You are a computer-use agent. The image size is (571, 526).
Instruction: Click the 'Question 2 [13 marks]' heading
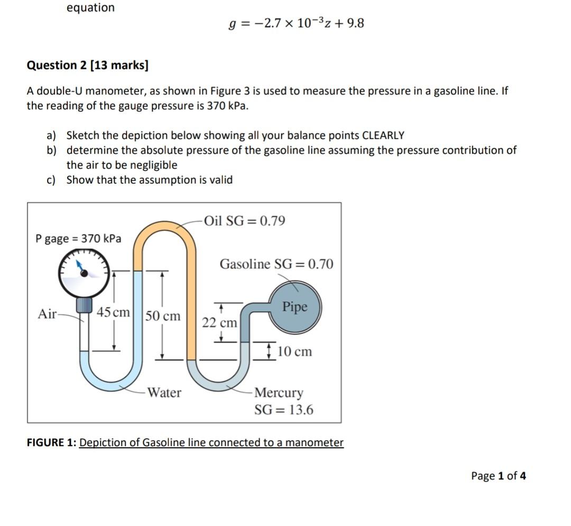coord(88,65)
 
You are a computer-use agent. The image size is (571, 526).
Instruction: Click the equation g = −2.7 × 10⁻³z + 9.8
coord(296,24)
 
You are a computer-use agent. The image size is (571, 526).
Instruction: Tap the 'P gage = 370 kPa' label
coord(78,239)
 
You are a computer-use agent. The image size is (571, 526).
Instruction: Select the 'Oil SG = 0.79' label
coord(244,221)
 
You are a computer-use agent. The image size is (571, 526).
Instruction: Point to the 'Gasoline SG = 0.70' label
coord(277,264)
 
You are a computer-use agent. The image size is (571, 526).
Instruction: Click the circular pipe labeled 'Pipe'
coord(294,306)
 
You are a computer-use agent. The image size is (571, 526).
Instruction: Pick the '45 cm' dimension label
coord(113,312)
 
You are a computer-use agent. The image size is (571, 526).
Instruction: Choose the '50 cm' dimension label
coord(163,316)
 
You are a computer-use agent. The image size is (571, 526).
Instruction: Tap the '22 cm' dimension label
coord(219,322)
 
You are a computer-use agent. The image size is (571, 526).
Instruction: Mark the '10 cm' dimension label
coord(294,351)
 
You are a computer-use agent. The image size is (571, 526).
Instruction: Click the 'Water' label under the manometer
coord(164,393)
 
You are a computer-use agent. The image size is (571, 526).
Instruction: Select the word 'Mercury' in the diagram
coord(279,393)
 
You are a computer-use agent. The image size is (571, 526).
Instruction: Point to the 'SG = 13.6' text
coord(283,410)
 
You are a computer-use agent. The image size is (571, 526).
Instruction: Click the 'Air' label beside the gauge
coord(47,314)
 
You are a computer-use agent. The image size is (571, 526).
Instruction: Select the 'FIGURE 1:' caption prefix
coord(51,442)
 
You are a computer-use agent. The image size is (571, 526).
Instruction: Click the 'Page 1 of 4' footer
coord(498,476)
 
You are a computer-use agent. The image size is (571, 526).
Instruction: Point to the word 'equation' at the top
coord(90,7)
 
